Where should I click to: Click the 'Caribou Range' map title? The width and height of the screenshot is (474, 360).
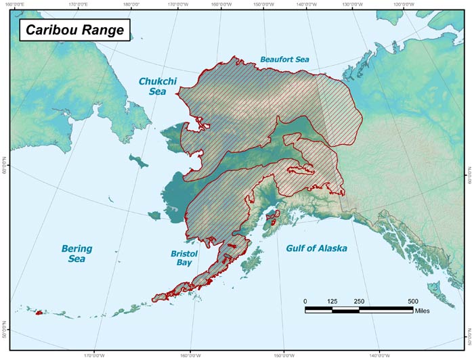click(x=70, y=30)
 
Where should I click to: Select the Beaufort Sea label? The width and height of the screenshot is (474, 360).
click(x=284, y=60)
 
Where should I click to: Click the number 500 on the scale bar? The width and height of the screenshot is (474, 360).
click(x=412, y=301)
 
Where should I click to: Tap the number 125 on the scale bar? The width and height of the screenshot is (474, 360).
click(x=332, y=301)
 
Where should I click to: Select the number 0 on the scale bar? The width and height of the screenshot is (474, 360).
click(x=305, y=301)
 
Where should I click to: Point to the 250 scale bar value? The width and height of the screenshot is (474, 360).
click(x=359, y=301)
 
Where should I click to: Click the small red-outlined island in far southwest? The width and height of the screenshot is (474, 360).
click(x=39, y=313)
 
